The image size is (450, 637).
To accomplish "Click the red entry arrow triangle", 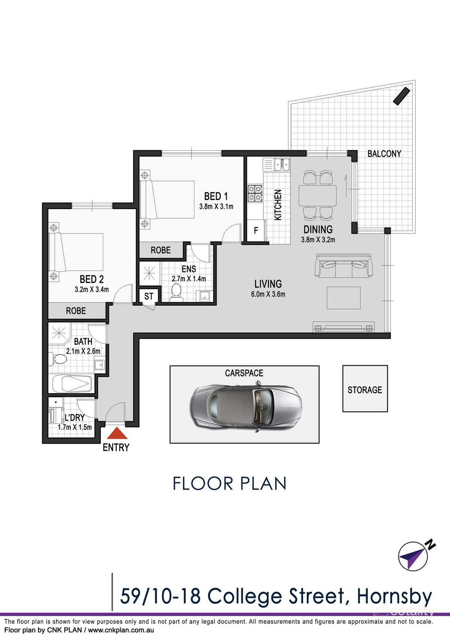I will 117,434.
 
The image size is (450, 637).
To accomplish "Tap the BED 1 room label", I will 216,196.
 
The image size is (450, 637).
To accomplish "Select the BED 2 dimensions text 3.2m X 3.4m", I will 92,289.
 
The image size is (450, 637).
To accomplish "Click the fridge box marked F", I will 256,231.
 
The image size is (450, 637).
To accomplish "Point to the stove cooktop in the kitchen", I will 255,193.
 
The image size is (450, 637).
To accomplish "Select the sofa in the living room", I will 343,266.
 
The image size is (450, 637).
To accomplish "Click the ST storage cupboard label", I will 149,296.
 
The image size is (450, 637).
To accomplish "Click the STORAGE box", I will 365,389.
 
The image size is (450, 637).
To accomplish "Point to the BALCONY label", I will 384,154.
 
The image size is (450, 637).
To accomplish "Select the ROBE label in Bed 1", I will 160,250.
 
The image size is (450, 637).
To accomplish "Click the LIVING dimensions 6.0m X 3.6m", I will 268,294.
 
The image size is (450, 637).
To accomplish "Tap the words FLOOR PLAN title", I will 229,483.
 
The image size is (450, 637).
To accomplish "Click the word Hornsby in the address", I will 394,596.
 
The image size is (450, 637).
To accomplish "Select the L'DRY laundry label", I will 75,418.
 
